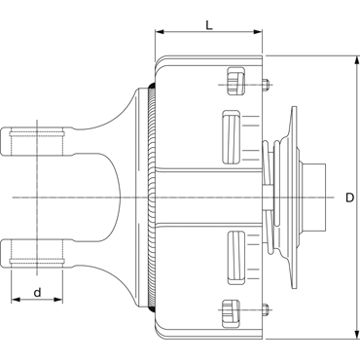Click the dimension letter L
click(x=209, y=25)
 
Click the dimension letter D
click(x=349, y=198)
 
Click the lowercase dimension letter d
click(x=38, y=292)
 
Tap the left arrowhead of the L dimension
click(x=160, y=32)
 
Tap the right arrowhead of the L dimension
click(x=258, y=32)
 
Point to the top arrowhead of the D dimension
click(x=357, y=60)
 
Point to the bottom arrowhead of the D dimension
click(x=357, y=335)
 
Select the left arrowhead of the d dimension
click(x=16, y=300)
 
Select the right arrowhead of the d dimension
click(x=57, y=300)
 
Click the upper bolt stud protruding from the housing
click(x=266, y=84)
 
